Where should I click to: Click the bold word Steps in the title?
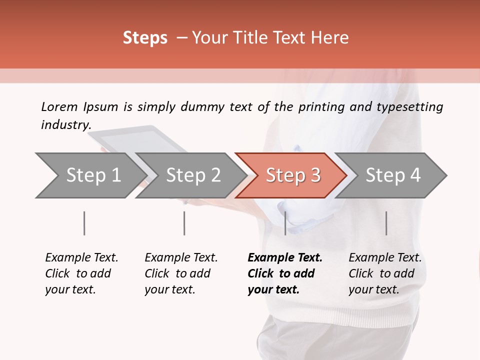point(145,38)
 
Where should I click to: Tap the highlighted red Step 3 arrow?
point(293,175)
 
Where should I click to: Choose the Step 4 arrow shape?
point(393,175)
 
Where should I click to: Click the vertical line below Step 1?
point(84,223)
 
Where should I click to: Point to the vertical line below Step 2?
point(184,223)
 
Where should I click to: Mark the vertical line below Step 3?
point(285,223)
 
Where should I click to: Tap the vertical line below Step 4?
point(386,223)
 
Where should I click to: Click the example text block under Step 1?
point(81,273)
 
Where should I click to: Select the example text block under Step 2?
point(181,273)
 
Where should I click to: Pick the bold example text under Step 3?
point(285,273)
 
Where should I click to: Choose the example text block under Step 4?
point(385,273)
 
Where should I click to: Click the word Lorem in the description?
point(59,106)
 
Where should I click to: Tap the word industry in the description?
point(65,124)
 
